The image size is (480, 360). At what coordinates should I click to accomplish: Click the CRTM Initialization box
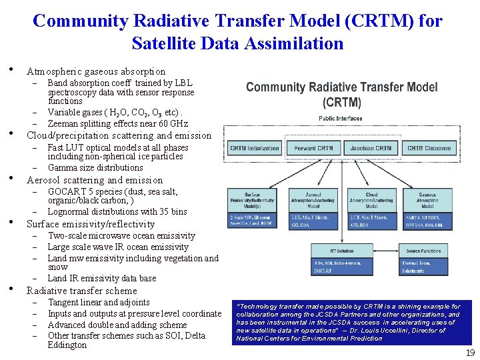[255, 148]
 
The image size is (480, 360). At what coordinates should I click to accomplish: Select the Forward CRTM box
[314, 148]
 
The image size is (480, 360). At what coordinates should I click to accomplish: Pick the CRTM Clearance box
[429, 148]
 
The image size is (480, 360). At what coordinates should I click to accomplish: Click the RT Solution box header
[342, 251]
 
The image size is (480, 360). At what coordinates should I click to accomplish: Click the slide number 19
[470, 353]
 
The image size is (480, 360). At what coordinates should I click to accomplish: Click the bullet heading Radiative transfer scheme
[81, 291]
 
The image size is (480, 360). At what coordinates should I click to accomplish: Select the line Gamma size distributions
[95, 167]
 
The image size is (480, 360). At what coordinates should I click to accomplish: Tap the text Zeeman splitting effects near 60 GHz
[118, 123]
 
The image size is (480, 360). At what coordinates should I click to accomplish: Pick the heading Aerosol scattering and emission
[94, 180]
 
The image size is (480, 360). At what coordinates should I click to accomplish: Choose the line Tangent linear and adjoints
[99, 303]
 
